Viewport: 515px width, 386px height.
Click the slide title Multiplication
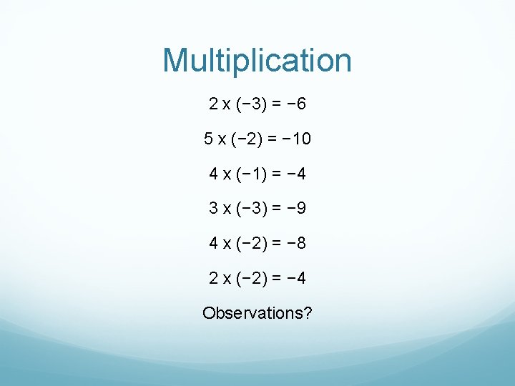click(257, 61)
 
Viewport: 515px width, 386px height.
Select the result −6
click(296, 104)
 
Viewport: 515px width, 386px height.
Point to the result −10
click(296, 139)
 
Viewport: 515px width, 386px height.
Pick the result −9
click(296, 208)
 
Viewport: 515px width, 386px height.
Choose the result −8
click(296, 243)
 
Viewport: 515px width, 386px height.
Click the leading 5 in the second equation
click(208, 139)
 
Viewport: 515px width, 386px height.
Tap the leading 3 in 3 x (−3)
click(214, 208)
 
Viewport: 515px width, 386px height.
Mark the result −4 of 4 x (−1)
click(296, 174)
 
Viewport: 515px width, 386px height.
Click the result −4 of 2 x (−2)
click(296, 278)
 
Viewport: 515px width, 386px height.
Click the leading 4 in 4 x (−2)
click(214, 243)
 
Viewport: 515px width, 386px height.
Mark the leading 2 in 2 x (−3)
click(214, 104)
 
